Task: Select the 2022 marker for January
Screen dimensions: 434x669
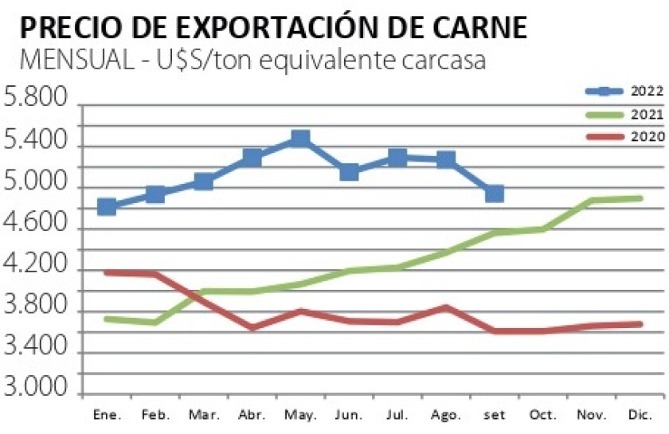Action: (106, 207)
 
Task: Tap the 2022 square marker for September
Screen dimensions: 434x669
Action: (495, 194)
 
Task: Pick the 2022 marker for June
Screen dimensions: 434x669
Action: (349, 172)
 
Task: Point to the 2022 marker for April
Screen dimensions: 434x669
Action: (252, 158)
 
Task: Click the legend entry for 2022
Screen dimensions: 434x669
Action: (625, 92)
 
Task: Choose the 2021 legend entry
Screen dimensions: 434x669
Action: (625, 115)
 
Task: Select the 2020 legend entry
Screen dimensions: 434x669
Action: (625, 137)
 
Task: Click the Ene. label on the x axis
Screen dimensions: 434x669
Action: (106, 415)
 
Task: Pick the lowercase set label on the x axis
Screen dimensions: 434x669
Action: (495, 415)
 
